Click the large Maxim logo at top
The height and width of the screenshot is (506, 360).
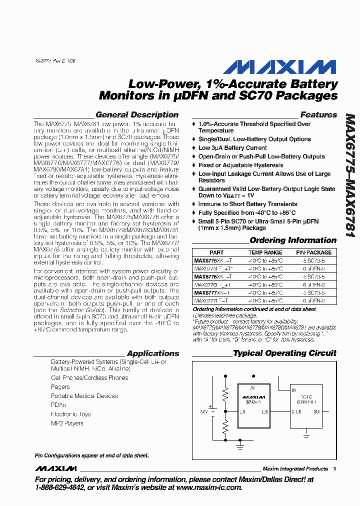[280, 67]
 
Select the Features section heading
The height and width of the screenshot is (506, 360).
[318, 114]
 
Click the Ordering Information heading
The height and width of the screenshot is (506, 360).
[293, 240]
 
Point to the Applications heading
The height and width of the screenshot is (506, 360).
[153, 353]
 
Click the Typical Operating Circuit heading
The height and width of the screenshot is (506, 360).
[284, 353]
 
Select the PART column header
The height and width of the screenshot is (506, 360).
[216, 252]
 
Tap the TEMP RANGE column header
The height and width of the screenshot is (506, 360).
[265, 252]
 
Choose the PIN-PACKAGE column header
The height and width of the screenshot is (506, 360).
[313, 252]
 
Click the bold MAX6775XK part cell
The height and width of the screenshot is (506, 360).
[213, 260]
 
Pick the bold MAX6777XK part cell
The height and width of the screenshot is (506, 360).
[212, 292]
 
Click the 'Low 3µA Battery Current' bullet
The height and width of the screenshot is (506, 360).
[232, 148]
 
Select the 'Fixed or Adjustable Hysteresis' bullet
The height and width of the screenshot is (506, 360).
[240, 165]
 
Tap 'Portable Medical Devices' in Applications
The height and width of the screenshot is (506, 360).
[84, 396]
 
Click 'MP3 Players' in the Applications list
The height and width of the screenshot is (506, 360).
[67, 423]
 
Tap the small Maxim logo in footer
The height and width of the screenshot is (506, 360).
[55, 468]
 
